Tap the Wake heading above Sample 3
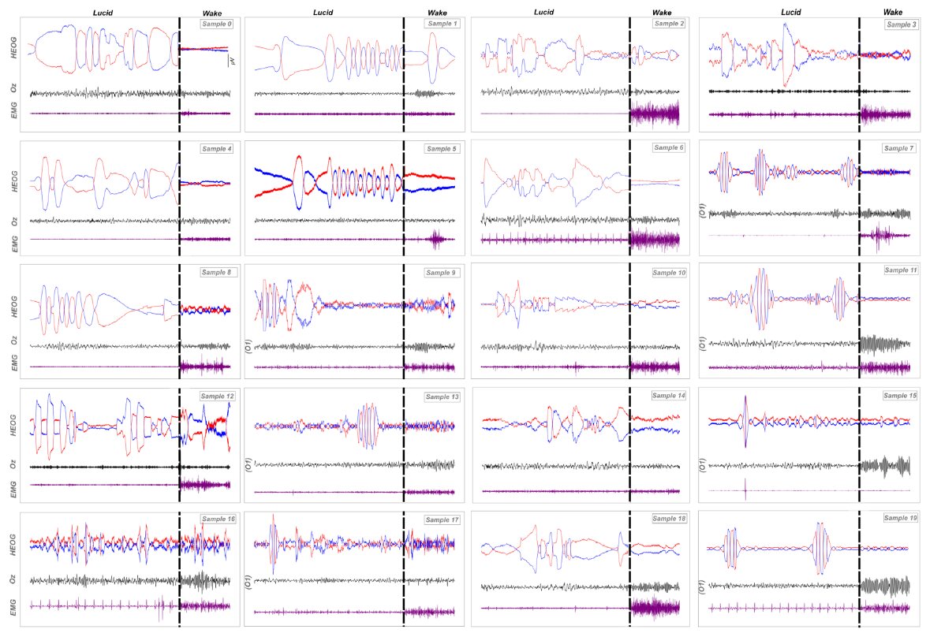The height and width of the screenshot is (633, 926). click(x=892, y=12)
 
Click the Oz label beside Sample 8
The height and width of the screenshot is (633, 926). click(x=13, y=341)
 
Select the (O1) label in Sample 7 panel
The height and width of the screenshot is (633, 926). click(x=703, y=210)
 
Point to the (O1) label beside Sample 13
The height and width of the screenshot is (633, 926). click(x=249, y=465)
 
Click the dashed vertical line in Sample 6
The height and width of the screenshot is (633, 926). click(x=629, y=197)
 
